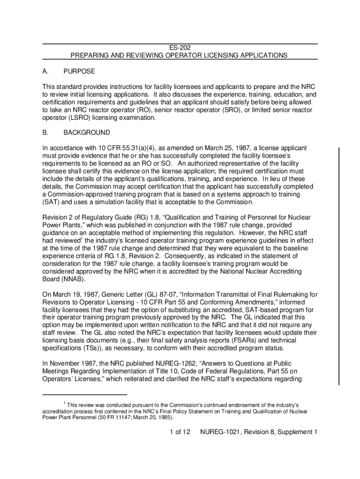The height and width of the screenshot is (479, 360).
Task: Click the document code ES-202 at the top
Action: point(180,48)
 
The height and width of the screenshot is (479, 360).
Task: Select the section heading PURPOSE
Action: point(79,71)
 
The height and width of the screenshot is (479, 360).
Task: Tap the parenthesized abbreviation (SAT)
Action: point(51,202)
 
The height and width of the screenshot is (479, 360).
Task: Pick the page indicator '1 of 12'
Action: point(180,432)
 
